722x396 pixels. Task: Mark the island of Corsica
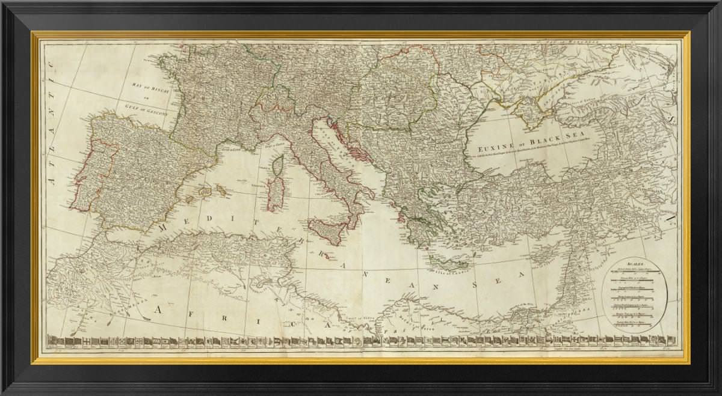tap(278, 166)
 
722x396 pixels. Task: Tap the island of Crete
tap(448, 262)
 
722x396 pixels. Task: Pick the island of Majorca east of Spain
tap(205, 192)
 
